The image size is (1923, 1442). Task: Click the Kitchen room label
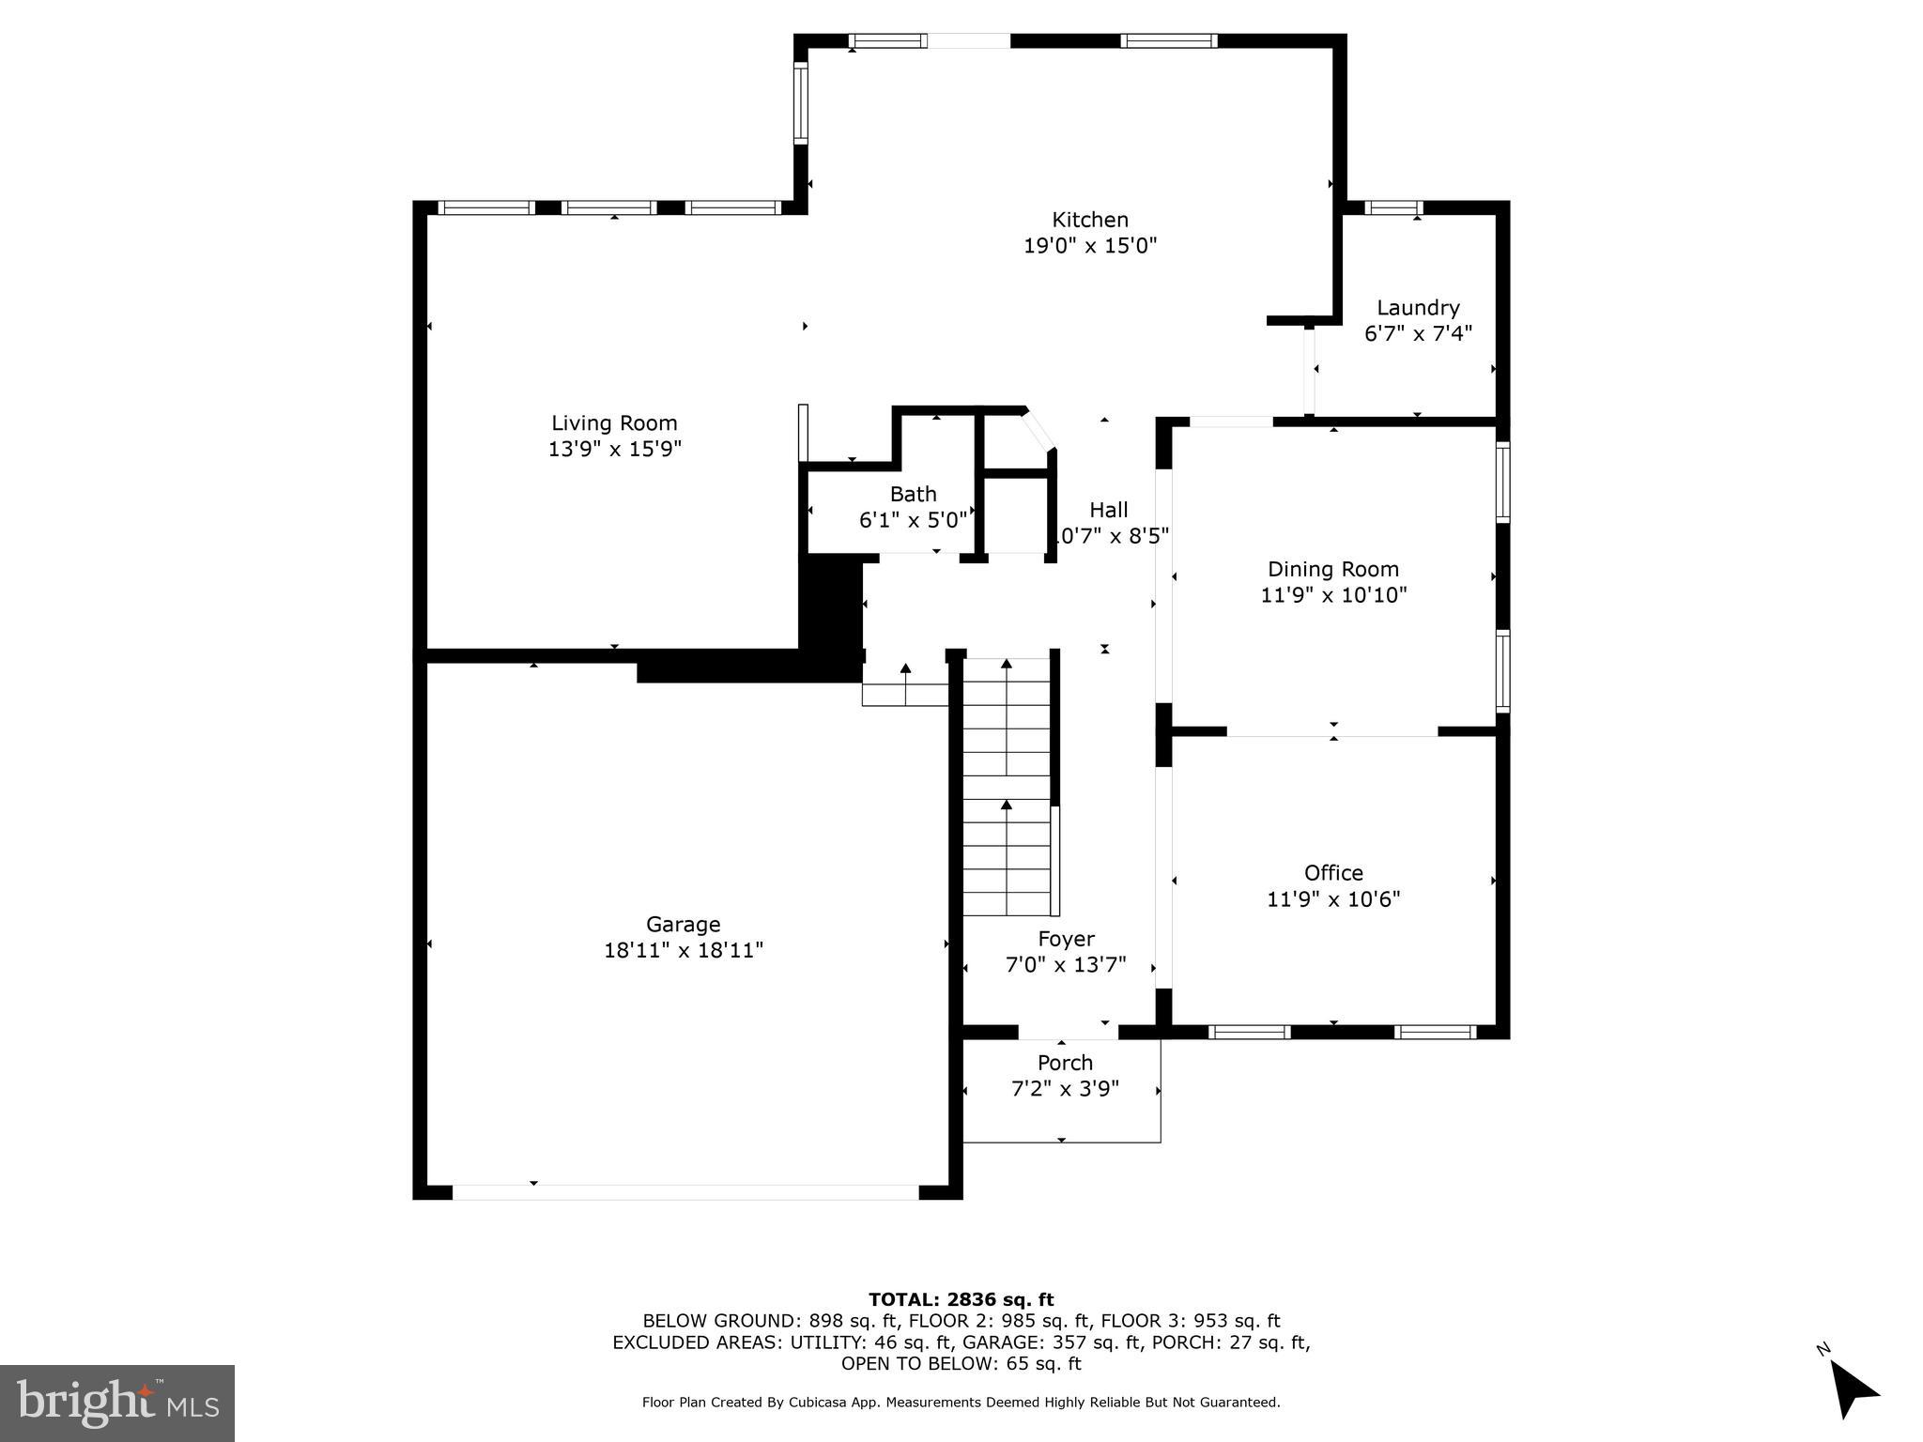(x=1089, y=220)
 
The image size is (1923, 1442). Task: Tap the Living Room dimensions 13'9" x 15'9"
(x=614, y=449)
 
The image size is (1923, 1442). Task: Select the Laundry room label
(x=1418, y=308)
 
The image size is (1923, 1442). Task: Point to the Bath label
(x=913, y=494)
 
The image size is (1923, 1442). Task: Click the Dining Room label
(x=1332, y=569)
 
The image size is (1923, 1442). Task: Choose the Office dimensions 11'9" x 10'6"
(x=1333, y=899)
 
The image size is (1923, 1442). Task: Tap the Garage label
(x=683, y=925)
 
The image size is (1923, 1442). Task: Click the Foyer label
(x=1066, y=939)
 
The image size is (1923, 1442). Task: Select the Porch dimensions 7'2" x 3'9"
(x=1065, y=1089)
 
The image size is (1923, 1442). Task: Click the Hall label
(x=1108, y=510)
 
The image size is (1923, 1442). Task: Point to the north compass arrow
(x=1851, y=1389)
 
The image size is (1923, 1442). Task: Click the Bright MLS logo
(x=117, y=1403)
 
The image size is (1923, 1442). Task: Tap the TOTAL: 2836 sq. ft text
(x=961, y=1299)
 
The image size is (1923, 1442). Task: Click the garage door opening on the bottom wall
(x=685, y=1192)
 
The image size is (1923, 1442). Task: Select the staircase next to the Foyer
(x=1007, y=789)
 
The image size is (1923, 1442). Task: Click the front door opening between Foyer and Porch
(x=1068, y=1033)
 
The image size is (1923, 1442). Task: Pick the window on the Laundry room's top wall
(x=1392, y=208)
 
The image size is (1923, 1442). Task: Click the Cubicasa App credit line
(x=961, y=1403)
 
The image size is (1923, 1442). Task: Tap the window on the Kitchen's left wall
(x=801, y=102)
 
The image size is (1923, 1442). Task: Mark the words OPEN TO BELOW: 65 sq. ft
(x=961, y=1363)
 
